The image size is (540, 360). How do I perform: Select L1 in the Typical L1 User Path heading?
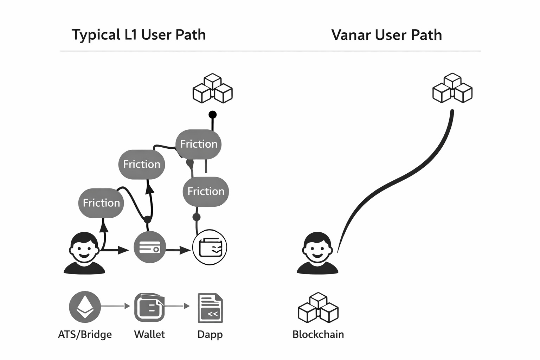(x=131, y=35)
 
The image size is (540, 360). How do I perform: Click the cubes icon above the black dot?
(x=213, y=89)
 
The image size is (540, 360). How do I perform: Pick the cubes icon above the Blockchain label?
(x=318, y=308)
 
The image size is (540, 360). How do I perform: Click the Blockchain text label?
(x=318, y=334)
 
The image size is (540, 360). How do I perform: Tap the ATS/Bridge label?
(x=85, y=334)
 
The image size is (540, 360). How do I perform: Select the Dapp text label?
(x=210, y=334)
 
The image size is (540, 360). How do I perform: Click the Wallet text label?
(x=149, y=334)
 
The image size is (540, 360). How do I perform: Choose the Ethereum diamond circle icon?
(x=85, y=307)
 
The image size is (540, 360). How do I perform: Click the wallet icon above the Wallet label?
(x=149, y=307)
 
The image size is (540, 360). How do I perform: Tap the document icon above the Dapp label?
(x=210, y=308)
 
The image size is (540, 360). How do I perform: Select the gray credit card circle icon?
(x=150, y=247)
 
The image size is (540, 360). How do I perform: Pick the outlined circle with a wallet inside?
(x=210, y=247)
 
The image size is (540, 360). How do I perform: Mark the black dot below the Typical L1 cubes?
(x=212, y=115)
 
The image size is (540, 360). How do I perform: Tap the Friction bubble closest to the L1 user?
(x=101, y=203)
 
